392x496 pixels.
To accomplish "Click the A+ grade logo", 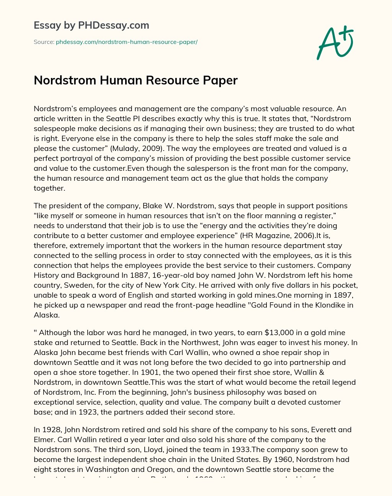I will click(x=335, y=43).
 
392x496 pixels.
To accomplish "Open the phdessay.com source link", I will click(x=126, y=42).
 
